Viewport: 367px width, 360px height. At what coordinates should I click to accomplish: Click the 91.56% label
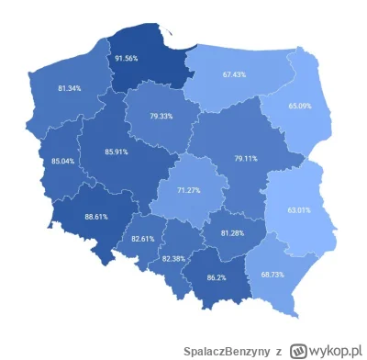coord(127,58)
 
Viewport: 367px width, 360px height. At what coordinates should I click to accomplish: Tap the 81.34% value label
coord(68,88)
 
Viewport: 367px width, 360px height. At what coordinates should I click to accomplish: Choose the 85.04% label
coord(63,162)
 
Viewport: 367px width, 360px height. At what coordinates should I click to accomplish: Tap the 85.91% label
coord(116,152)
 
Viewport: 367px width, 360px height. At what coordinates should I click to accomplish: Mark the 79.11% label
coord(245,158)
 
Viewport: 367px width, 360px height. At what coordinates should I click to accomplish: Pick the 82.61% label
coord(141,238)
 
